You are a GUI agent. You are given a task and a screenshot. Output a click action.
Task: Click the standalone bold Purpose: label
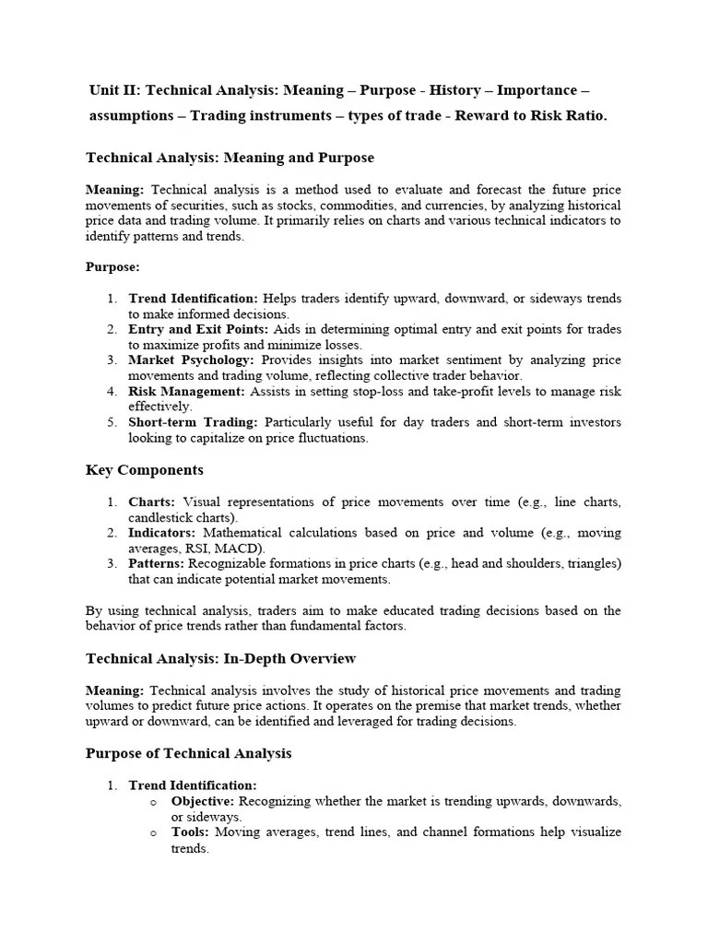(112, 266)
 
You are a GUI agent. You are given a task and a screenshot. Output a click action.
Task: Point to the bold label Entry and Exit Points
(194, 329)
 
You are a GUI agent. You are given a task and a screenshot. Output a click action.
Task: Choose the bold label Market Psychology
(191, 360)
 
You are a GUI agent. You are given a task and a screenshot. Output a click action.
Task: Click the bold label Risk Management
(186, 391)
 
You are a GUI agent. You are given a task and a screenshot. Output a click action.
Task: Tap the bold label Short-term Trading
(193, 422)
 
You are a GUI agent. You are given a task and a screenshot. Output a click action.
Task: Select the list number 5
(111, 422)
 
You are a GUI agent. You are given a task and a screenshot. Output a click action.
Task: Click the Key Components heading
(145, 470)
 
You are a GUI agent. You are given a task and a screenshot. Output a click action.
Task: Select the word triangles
(591, 563)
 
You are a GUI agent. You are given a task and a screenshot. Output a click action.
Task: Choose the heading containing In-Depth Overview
(220, 658)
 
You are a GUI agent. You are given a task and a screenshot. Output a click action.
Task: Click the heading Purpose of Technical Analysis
(188, 753)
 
